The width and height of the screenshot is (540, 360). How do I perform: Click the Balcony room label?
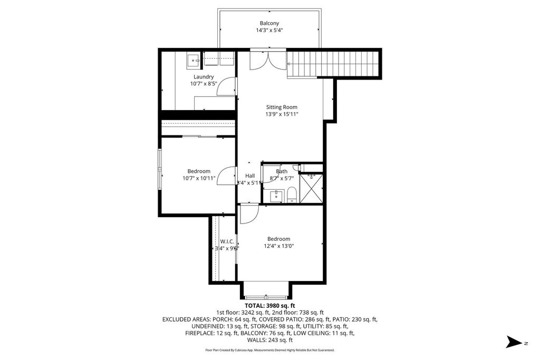tap(269, 23)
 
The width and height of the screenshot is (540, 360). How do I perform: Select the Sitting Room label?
tap(285, 107)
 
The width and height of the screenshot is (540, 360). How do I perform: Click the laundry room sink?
tap(194, 61)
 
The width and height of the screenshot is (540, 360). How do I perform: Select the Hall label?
tap(250, 176)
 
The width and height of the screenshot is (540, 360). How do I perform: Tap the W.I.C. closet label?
tap(227, 241)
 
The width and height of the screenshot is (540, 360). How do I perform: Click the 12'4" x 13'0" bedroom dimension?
tap(278, 246)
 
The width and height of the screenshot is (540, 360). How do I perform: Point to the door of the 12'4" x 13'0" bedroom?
tap(248, 214)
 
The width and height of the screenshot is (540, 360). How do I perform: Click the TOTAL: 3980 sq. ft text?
tap(269, 306)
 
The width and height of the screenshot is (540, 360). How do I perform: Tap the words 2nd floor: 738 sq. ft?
tap(300, 313)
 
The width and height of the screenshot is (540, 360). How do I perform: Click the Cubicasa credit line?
tap(269, 350)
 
